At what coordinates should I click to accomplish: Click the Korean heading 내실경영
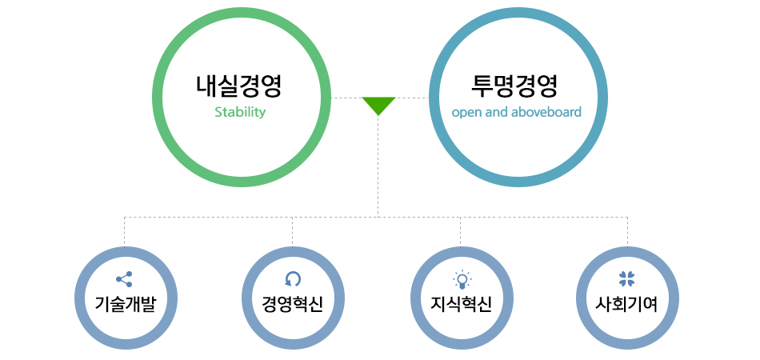239,86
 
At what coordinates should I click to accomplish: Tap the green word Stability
240,113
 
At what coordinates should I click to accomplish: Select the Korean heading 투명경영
514,86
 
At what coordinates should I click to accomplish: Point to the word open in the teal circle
465,114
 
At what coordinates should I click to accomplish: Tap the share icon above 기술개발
124,279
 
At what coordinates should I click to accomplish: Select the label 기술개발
126,305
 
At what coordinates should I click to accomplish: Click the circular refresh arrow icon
293,279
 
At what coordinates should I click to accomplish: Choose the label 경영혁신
292,305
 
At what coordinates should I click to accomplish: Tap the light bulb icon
462,279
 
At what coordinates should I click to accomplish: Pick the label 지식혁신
462,305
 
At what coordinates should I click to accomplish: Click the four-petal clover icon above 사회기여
626,279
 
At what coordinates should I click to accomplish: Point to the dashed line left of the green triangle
346,98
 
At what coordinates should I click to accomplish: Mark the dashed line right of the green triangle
412,98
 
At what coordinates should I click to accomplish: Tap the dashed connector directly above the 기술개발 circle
125,232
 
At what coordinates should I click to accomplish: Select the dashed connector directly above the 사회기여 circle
628,232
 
